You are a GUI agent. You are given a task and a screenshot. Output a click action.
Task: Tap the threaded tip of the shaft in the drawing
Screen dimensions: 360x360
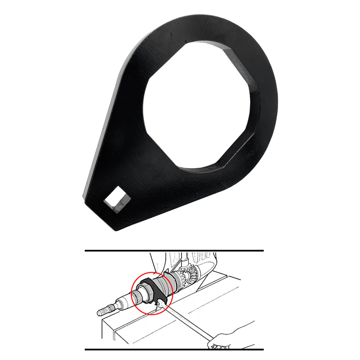[x=103, y=311]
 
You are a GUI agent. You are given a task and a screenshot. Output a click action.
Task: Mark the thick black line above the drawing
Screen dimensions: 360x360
[x=174, y=251]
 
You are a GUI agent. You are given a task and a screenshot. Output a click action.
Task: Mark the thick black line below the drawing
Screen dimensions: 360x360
[x=174, y=349]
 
